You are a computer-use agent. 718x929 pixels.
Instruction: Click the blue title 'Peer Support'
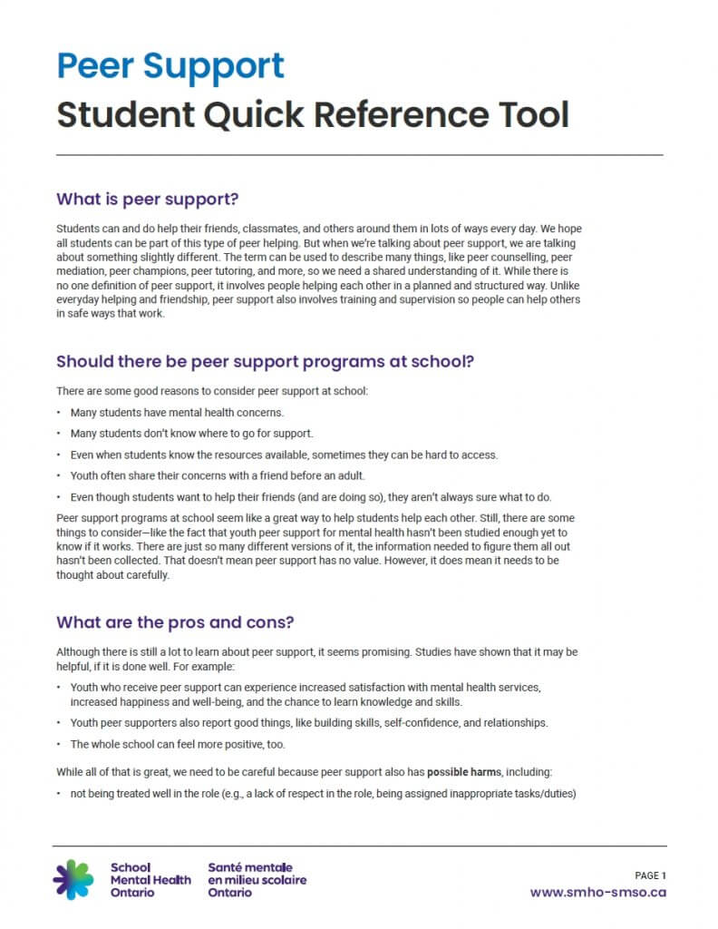click(170, 66)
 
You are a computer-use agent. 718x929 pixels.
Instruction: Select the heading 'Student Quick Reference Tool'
click(313, 115)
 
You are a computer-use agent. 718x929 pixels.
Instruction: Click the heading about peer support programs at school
click(265, 361)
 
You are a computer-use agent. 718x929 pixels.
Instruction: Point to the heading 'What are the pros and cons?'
click(175, 622)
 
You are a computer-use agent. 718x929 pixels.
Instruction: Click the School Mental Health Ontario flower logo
click(73, 879)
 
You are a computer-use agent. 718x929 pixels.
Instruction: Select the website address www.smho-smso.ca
click(597, 892)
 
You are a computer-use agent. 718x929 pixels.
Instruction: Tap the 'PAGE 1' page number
click(650, 875)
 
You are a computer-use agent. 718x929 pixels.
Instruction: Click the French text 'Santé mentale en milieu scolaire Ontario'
click(257, 879)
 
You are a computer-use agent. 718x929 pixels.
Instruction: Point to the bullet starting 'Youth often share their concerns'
click(210, 475)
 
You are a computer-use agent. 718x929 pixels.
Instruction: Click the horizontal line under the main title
click(359, 155)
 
